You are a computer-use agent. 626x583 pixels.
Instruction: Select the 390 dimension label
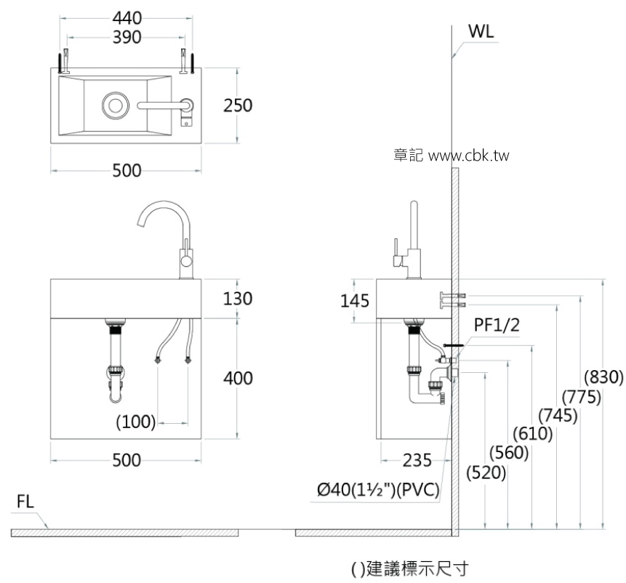point(127,36)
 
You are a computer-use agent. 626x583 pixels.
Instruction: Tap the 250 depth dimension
point(238,105)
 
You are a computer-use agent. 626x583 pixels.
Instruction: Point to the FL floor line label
point(26,502)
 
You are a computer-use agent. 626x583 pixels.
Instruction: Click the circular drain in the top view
point(115,105)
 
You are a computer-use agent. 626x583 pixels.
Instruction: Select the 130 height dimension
point(238,298)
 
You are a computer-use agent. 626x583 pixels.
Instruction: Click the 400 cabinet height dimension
point(238,378)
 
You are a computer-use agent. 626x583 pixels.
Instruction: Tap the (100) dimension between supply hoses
point(137,422)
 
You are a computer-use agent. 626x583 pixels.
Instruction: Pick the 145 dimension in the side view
point(354,300)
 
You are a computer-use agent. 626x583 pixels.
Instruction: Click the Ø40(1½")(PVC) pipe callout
point(378,492)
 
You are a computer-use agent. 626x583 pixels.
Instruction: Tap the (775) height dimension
point(581,397)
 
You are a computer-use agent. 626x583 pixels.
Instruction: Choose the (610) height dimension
point(533,434)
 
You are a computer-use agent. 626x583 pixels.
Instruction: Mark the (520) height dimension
point(486,473)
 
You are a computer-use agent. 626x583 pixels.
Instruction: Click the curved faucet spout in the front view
point(153,214)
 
